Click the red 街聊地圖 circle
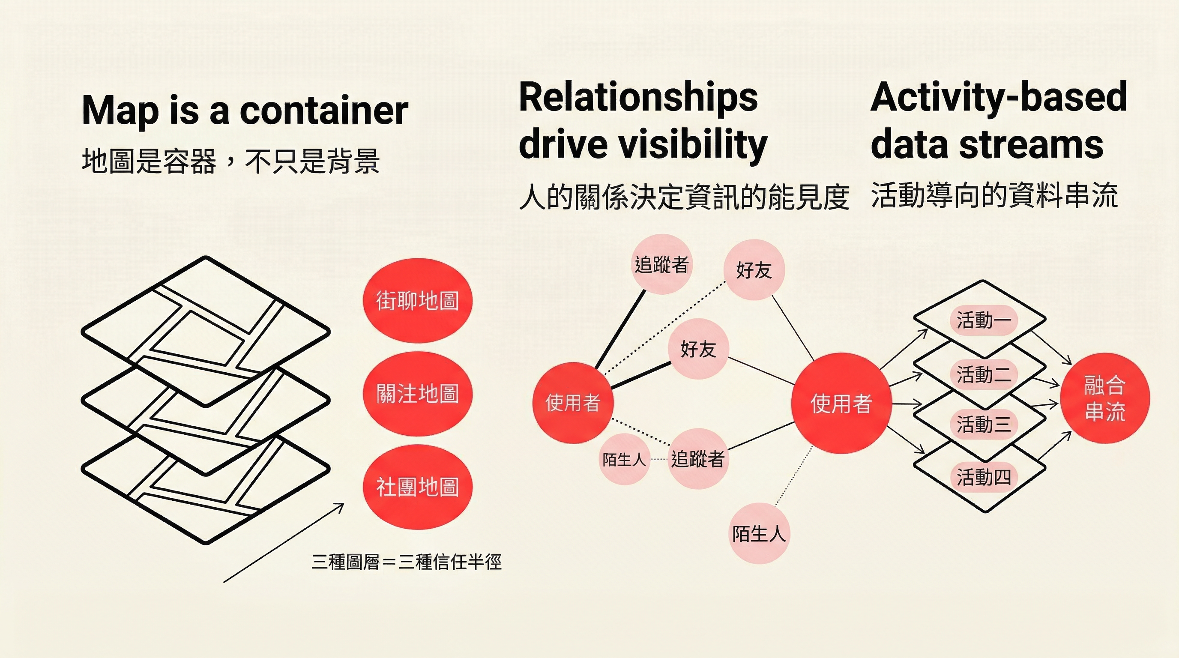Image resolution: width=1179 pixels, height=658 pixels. coord(417,301)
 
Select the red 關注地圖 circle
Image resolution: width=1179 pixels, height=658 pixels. coord(417,394)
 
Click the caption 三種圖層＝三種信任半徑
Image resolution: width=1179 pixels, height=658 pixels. coord(407,562)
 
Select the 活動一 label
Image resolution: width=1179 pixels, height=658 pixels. coord(984,320)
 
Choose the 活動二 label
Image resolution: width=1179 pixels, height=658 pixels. coord(984,374)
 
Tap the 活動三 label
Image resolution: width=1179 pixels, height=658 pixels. coord(984,424)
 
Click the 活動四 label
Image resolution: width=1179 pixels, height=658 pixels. coord(984,477)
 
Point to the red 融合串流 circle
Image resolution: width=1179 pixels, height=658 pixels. coord(1105,398)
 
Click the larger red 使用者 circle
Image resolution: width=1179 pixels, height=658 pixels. coord(841,403)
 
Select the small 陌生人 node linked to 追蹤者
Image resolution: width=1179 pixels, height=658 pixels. coord(624,459)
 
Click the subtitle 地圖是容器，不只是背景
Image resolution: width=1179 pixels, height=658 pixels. coord(230,161)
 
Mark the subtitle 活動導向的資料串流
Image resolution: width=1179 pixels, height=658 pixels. coord(994,195)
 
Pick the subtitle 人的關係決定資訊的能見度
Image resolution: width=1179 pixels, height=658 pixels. coord(684,197)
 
